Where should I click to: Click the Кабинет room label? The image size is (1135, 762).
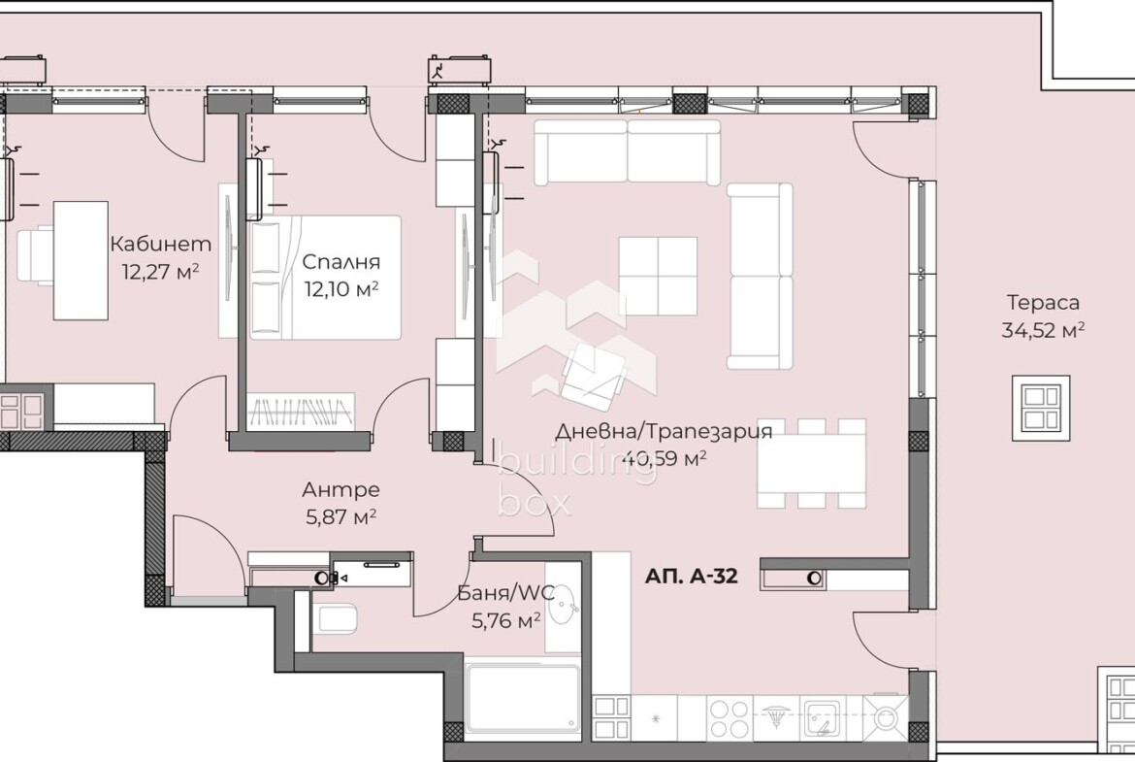(161, 244)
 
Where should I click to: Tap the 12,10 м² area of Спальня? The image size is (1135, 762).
(341, 289)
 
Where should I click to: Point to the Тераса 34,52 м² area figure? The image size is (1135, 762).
(1043, 330)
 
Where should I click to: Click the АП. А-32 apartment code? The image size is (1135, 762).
(692, 577)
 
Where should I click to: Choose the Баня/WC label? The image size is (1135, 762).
(506, 594)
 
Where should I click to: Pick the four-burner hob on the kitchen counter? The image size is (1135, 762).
(730, 717)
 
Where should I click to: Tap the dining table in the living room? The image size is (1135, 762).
(811, 463)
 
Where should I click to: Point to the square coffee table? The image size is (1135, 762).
(658, 276)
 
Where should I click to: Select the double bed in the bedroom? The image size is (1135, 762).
(324, 277)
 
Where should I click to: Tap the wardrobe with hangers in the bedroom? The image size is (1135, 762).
(301, 412)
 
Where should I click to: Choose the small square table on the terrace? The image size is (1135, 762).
(1041, 408)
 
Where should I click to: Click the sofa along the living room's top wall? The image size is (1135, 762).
(628, 152)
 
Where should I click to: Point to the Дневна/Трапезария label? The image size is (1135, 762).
(664, 431)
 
